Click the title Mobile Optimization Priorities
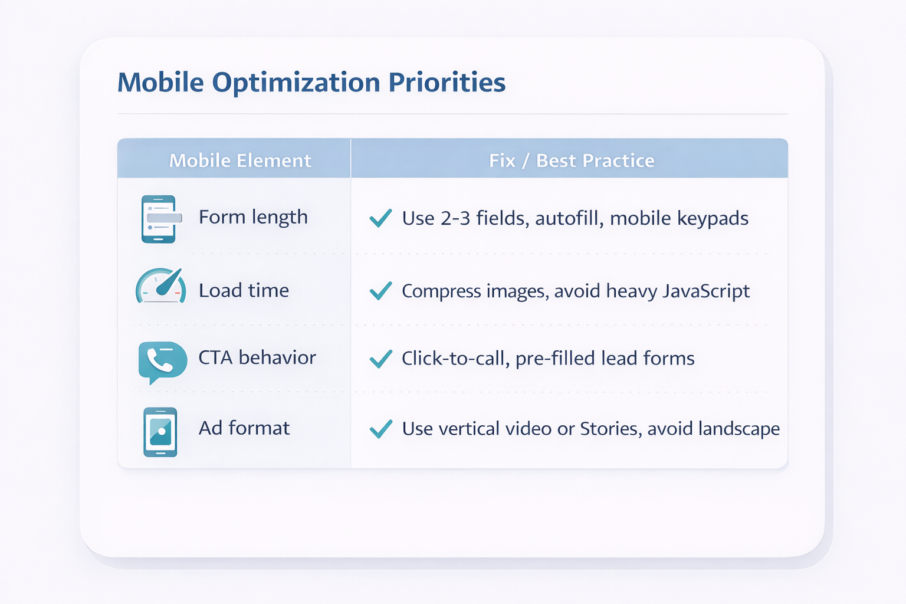coord(311,82)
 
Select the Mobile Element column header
coord(240,160)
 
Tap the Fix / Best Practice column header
coord(572,160)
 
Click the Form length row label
coord(253,217)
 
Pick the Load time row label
coord(244,290)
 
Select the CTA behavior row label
coord(257,357)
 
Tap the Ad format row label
coord(244,428)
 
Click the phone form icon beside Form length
coord(159,219)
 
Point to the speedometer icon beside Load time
coord(161,287)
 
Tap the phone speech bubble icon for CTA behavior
coord(162,360)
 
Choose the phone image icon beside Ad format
coord(160,432)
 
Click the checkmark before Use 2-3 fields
coord(380,218)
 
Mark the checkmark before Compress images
coord(380,291)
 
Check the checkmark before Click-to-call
coord(380,359)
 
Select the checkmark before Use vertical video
coord(380,429)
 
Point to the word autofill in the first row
coord(569,218)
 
